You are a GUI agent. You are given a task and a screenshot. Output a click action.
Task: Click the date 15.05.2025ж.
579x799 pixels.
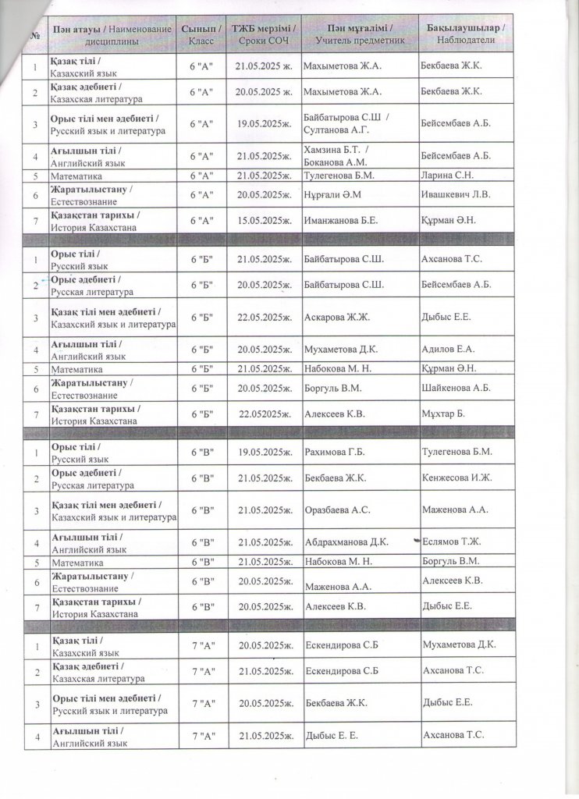[262, 220]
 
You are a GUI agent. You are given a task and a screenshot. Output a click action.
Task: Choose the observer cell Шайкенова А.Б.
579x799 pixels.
[456, 388]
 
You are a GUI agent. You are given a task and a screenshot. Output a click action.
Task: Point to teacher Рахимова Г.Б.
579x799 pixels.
[337, 452]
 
